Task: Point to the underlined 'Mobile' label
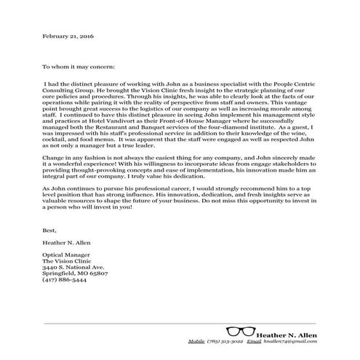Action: point(197,340)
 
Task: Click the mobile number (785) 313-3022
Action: point(224,340)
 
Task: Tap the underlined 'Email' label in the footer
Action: point(253,340)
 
